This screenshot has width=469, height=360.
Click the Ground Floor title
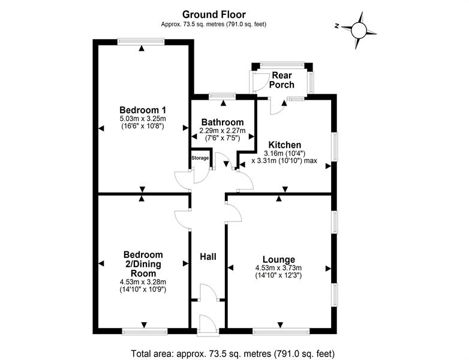(214, 14)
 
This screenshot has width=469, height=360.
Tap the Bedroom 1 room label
(143, 110)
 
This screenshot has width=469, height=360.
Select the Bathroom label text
(223, 122)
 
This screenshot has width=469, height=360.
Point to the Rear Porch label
(281, 80)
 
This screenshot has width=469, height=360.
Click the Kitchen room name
(285, 145)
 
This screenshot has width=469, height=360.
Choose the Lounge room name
(279, 259)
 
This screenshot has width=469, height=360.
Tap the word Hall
(208, 256)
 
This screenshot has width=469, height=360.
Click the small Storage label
(200, 158)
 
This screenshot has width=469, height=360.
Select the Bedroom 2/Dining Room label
(143, 264)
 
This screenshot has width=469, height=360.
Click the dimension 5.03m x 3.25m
(143, 119)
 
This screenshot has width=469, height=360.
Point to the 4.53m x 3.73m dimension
(278, 268)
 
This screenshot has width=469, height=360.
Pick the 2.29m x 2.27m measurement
(223, 131)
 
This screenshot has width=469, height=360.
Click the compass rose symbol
(359, 30)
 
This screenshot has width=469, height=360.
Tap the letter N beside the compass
(337, 26)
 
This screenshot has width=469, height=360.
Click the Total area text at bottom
(233, 354)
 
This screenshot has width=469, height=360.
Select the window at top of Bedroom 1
(141, 41)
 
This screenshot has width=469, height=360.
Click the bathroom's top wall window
(223, 97)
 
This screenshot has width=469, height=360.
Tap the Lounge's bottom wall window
(281, 331)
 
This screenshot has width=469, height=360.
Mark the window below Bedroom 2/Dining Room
(145, 331)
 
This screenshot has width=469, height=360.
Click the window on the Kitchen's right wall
(335, 146)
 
